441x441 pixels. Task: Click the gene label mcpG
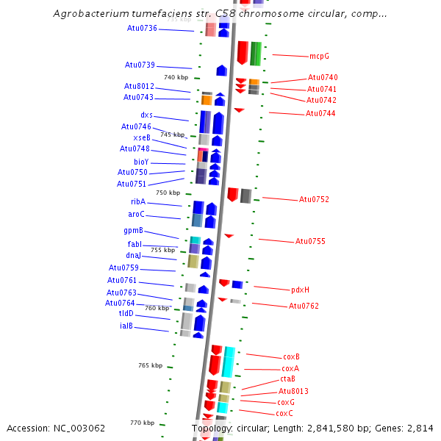(319, 56)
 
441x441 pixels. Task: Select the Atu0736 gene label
(142, 28)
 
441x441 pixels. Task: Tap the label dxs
(147, 115)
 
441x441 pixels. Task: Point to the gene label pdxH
(300, 290)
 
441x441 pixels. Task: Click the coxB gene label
(291, 356)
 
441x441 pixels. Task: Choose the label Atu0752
(314, 199)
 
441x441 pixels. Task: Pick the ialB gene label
(126, 326)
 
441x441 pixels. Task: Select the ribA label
(138, 201)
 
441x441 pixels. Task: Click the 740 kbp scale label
(176, 77)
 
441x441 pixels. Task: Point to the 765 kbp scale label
(150, 365)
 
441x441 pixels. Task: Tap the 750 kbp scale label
(168, 193)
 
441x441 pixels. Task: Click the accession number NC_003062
(76, 428)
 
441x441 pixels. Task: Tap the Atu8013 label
(293, 391)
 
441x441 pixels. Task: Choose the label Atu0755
(310, 241)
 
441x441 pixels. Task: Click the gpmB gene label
(132, 230)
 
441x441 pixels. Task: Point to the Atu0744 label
(320, 113)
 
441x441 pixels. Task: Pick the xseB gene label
(142, 137)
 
